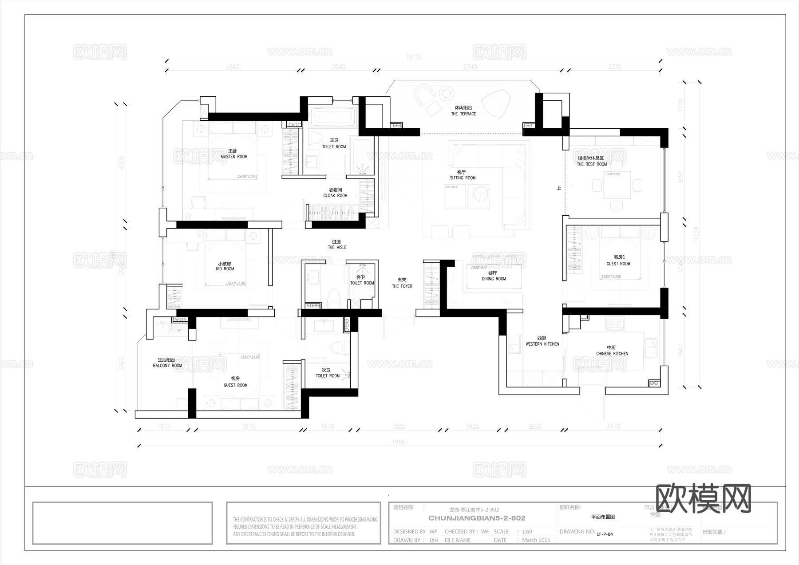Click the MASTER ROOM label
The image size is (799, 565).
234,156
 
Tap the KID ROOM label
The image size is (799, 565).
225,269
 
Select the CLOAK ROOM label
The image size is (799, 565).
335,195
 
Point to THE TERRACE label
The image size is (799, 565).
463,114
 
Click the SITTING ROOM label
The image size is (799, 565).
463,178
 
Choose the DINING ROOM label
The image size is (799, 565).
494,279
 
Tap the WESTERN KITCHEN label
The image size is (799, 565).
542,344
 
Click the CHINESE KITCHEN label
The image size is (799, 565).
612,354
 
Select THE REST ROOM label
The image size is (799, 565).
592,164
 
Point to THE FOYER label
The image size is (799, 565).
402,286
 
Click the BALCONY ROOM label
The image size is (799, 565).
167,366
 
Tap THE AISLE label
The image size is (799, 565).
337,247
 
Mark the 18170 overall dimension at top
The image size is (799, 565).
413,57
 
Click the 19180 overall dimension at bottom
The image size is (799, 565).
399,442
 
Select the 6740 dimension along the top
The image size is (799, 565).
470,67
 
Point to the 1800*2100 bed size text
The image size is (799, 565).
247,177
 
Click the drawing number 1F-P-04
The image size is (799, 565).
605,534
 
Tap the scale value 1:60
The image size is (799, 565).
527,532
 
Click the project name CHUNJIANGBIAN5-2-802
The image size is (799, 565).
477,518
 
